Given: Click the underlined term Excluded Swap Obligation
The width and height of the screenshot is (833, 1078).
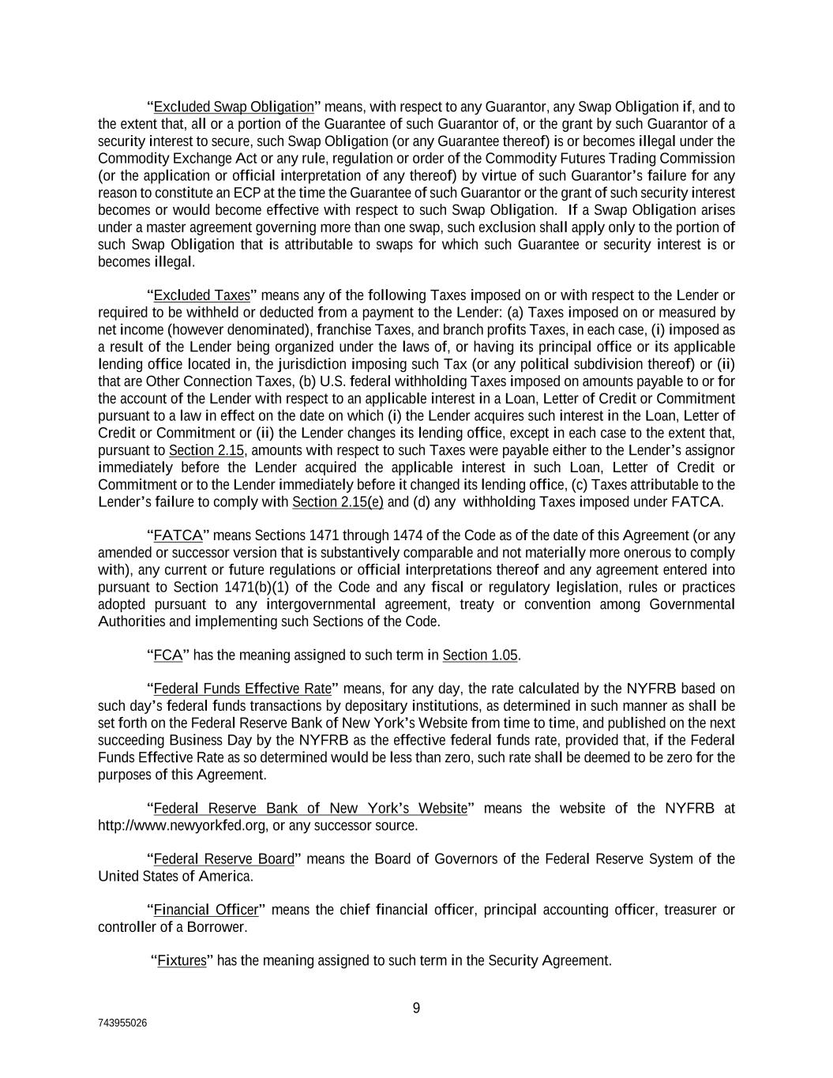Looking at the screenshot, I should (234, 107).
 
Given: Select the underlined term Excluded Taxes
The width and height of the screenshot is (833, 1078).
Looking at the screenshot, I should (201, 295).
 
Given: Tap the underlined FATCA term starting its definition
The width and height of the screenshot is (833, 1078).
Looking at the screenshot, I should (178, 535).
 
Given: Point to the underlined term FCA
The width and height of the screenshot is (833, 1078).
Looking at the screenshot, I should (168, 655).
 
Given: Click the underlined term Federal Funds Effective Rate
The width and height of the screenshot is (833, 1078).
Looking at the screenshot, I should (242, 689).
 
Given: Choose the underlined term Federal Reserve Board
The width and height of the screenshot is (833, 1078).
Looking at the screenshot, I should (223, 859).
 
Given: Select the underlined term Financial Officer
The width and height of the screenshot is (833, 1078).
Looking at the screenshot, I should (205, 910).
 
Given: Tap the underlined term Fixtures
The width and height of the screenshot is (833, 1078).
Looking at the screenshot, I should (182, 960).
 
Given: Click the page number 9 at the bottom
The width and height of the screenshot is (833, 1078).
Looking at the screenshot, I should (416, 1008).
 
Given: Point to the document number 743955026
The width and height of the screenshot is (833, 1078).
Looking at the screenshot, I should (122, 1023).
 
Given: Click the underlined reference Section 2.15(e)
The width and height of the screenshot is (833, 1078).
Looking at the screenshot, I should (338, 502).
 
